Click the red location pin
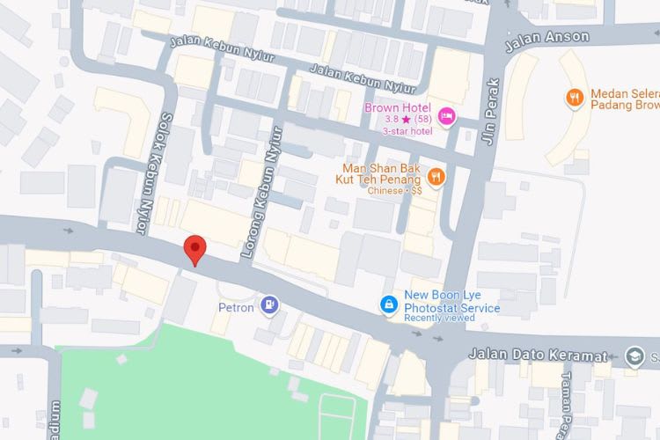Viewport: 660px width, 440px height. pyautogui.click(x=194, y=250)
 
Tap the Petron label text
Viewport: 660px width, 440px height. pyautogui.click(x=236, y=308)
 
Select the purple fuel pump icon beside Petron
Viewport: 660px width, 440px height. pyautogui.click(x=271, y=305)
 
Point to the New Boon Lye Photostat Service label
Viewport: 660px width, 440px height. pyautogui.click(x=451, y=302)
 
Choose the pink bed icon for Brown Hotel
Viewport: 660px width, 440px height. pyautogui.click(x=447, y=115)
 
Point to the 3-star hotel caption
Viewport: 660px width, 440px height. pyautogui.click(x=407, y=131)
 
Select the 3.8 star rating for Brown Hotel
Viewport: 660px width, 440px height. pyautogui.click(x=398, y=120)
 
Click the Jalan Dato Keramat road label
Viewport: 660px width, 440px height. pyautogui.click(x=539, y=355)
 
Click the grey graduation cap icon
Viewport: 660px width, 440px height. pyautogui.click(x=634, y=356)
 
